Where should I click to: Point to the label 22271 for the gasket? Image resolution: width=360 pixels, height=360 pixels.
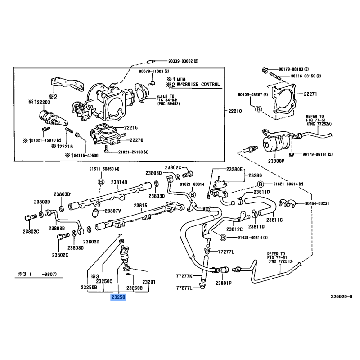pyautogui.click(x=311, y=94)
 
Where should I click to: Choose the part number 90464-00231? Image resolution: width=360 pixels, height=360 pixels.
pyautogui.click(x=314, y=203)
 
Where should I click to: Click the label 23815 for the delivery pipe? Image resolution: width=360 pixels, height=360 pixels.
pyautogui.click(x=140, y=205)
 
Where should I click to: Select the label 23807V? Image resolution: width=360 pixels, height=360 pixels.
pyautogui.click(x=113, y=211)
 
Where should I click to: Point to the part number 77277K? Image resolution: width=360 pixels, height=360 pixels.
pyautogui.click(x=184, y=276)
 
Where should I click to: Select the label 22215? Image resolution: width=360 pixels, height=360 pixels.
pyautogui.click(x=130, y=128)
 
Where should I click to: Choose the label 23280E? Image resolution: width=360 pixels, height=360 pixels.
pyautogui.click(x=234, y=169)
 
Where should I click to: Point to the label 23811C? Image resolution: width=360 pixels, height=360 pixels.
pyautogui.click(x=274, y=220)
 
